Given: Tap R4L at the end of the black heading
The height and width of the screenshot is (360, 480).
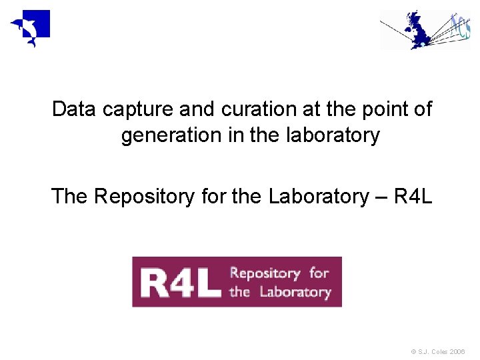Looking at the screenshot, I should pos(413,197).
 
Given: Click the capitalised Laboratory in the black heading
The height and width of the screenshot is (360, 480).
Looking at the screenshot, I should pos(315,197).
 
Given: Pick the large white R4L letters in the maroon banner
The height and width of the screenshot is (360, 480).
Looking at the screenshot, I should pos(180,282).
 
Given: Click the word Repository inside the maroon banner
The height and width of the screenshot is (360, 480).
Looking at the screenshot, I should pos(265,273).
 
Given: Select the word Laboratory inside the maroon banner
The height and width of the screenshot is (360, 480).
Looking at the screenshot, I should pos(295,291).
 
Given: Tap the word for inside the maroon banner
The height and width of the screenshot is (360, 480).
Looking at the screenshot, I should pos(319,273).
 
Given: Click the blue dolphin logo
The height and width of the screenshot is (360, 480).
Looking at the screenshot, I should pos(30,29).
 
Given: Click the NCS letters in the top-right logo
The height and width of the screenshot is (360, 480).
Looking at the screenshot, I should pos(459,27).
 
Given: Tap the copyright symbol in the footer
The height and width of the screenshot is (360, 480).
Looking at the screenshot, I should pos(414,351).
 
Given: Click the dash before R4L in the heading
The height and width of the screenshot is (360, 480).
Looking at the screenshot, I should pos(382,197).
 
